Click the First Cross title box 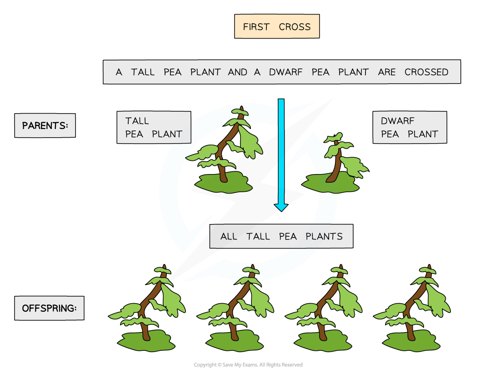(277, 26)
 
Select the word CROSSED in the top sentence (426, 72)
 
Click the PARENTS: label (45, 125)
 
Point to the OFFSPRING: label (49, 308)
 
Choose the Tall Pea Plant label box (154, 127)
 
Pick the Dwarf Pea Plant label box (410, 127)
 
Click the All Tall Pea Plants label (281, 236)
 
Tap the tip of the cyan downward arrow (281, 209)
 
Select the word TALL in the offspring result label (258, 236)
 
